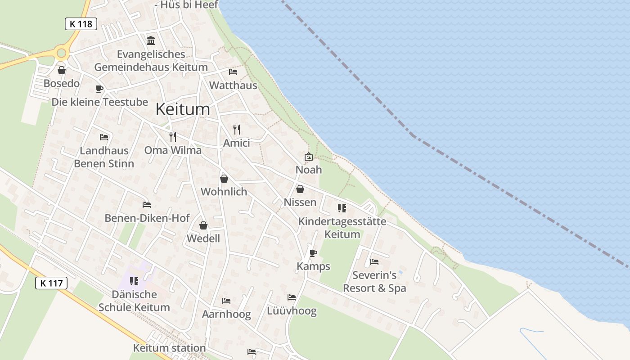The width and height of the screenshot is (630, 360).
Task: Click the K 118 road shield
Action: point(81,24)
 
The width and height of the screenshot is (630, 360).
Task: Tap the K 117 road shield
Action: point(51,283)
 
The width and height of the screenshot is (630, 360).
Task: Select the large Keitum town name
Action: point(183,109)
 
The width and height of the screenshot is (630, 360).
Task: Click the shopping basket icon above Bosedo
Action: point(62,70)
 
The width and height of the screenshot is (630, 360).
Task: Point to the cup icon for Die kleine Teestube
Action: point(99,89)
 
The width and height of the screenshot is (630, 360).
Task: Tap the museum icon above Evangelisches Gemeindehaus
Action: point(151,41)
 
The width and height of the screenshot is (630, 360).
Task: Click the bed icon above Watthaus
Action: point(233,72)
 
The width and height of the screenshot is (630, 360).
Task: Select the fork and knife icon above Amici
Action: point(237,130)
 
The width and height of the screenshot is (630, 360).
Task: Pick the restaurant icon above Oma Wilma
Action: point(173,136)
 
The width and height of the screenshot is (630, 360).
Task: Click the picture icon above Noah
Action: point(309,157)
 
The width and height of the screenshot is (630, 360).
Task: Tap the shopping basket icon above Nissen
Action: point(300,189)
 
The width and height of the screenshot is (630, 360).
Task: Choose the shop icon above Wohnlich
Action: point(224,179)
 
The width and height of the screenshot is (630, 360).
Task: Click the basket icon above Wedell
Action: point(203,225)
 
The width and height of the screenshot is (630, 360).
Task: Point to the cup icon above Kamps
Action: point(313,253)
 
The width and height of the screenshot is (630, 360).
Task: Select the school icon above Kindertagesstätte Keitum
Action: point(342,208)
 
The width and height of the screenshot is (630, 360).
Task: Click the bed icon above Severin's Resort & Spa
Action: point(374,261)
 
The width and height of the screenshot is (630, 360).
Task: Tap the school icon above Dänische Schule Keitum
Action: point(134,281)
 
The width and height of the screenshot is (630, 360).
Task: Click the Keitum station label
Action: point(169,348)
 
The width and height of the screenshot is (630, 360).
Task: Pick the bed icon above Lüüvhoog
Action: point(292,297)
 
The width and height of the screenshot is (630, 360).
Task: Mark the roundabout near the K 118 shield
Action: point(62,53)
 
